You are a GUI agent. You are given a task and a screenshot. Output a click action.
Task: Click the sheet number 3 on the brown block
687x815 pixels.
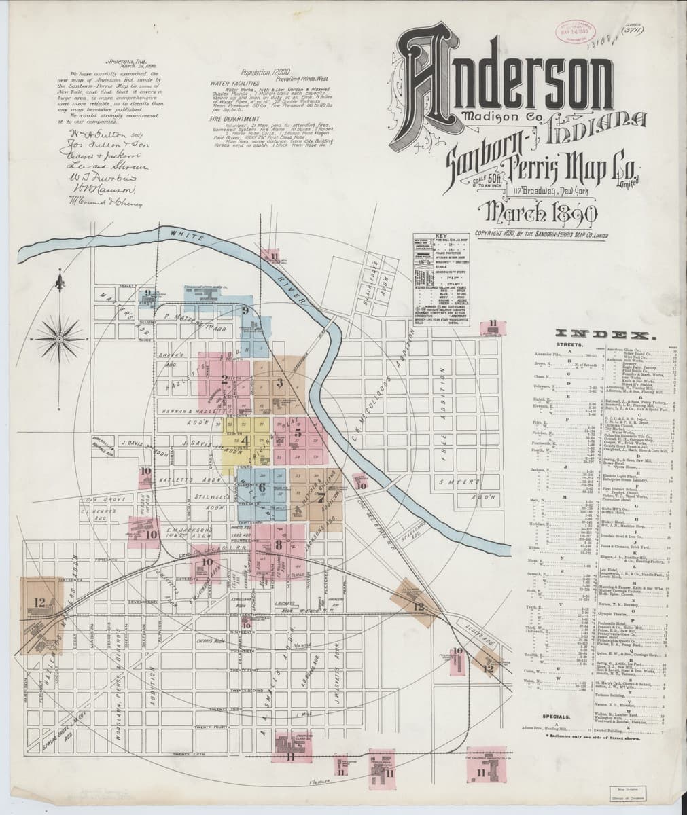279,384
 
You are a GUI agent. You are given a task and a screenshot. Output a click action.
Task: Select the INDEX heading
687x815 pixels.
605,334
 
